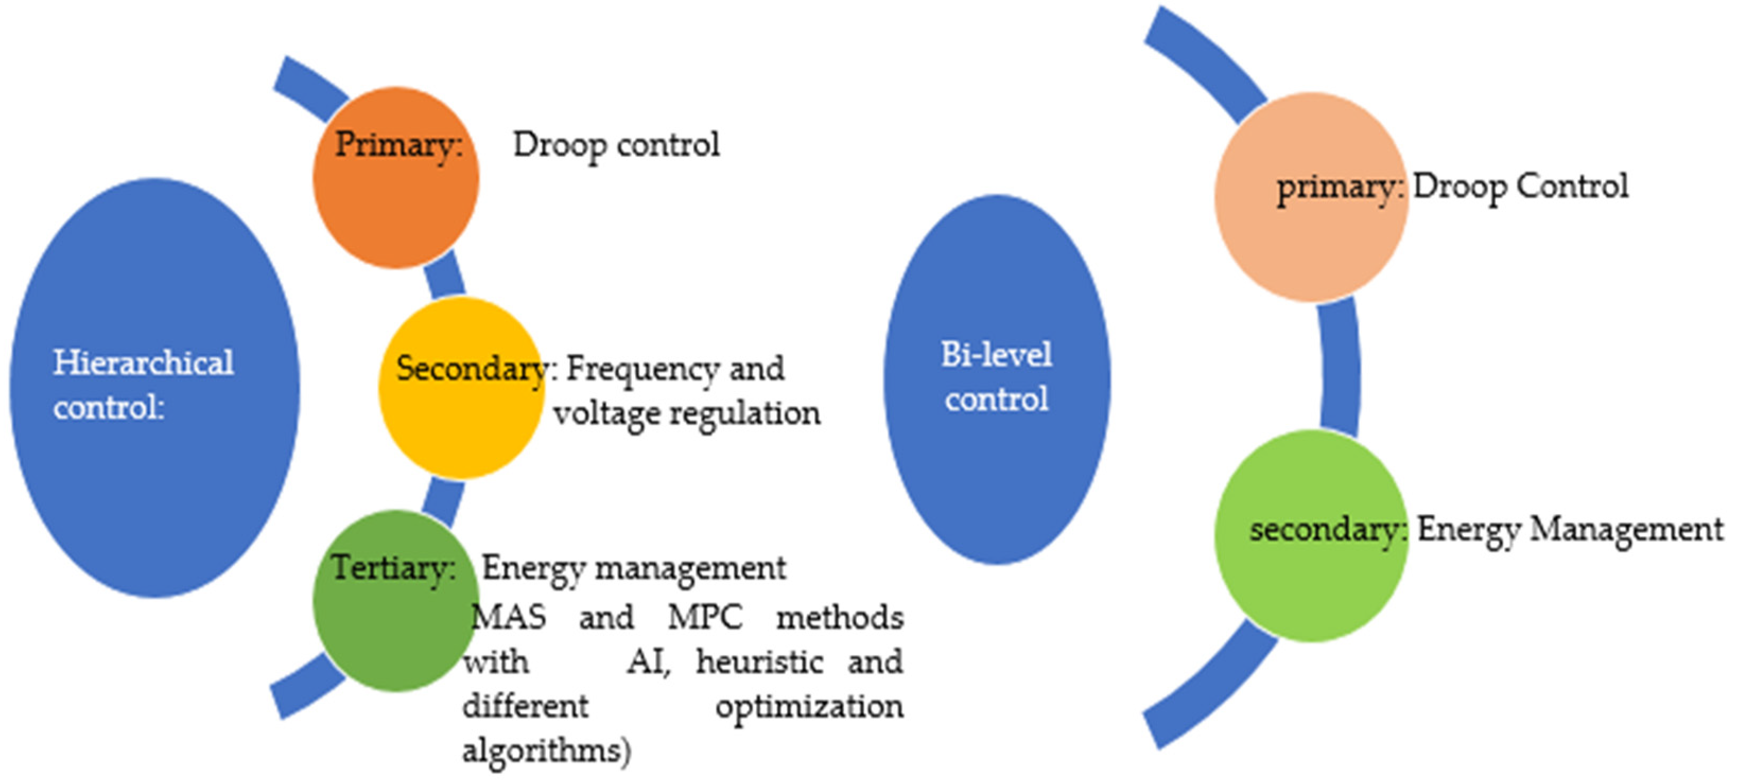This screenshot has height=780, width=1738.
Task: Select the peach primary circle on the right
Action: point(1311,243)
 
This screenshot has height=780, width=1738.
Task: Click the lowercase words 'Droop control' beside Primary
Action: point(616,145)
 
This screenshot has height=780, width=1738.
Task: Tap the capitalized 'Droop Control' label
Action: point(1520,187)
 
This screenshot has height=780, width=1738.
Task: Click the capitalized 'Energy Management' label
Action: point(1569,529)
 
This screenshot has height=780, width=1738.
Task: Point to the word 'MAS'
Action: point(507,617)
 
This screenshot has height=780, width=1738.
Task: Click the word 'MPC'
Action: point(705,617)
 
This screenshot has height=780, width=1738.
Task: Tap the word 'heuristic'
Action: point(760,662)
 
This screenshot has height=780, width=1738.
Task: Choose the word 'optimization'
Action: point(809,706)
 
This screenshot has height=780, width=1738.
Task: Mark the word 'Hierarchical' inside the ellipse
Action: point(144,362)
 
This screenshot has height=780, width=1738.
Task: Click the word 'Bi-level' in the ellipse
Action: point(996,354)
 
